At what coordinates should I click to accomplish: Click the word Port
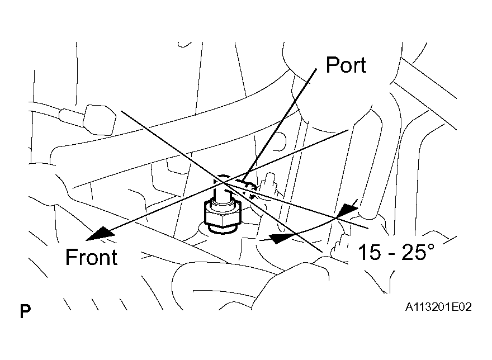click(346, 65)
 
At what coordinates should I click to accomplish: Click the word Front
click(91, 257)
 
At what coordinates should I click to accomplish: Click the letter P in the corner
click(25, 311)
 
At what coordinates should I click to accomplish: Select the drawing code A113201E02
click(438, 307)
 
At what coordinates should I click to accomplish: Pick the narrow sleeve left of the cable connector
click(72, 116)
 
